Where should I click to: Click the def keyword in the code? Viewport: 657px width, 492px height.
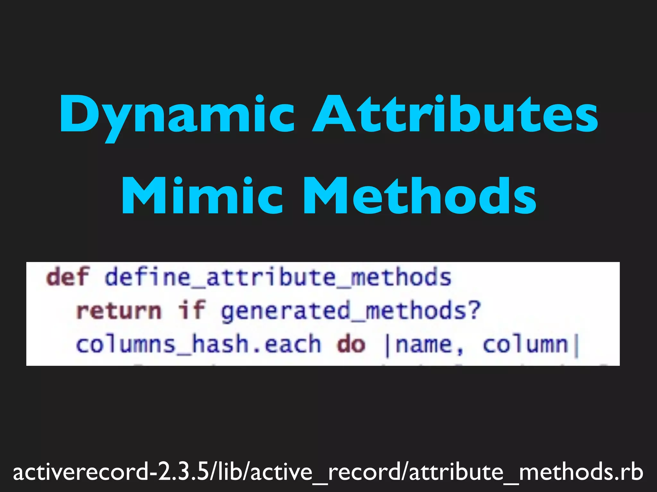[67, 277]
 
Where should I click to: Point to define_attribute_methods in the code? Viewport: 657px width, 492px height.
[278, 277]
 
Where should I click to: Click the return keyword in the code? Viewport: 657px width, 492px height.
[119, 311]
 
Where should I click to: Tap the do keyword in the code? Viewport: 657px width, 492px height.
[351, 345]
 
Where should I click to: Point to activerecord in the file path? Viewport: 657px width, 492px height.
[80, 472]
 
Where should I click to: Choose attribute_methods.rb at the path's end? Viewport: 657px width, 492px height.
[526, 472]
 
